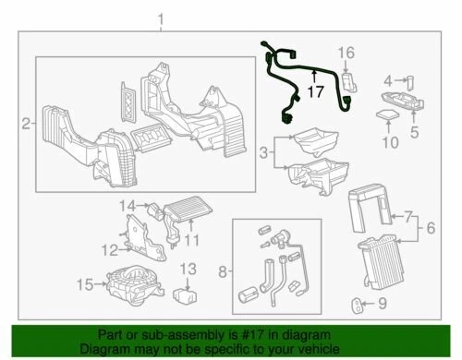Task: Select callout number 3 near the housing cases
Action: coord(263,150)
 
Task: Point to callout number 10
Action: coord(389,142)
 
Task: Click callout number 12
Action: coord(111,250)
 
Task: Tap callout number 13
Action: coord(188,269)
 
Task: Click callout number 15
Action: coord(86,283)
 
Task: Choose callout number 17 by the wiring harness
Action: coord(315,92)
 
